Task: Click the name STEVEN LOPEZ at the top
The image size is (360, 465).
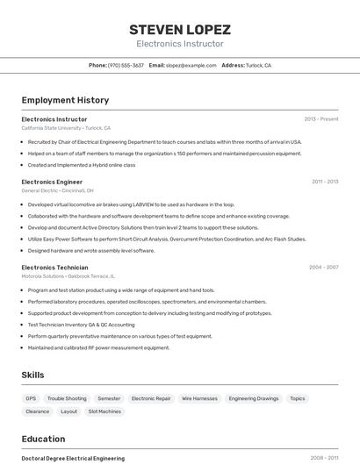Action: click(x=179, y=29)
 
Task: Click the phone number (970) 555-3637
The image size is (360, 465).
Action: click(x=126, y=65)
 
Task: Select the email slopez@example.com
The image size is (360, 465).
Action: click(x=191, y=65)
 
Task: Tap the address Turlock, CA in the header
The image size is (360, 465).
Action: click(x=258, y=65)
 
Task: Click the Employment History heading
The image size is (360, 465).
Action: click(x=65, y=100)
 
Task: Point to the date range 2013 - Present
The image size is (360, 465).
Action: click(x=320, y=119)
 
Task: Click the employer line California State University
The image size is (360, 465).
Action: click(x=67, y=128)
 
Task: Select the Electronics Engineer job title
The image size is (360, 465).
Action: click(x=52, y=182)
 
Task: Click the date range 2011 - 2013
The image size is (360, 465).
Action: click(x=324, y=182)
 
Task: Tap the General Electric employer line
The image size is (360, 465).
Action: click(x=57, y=190)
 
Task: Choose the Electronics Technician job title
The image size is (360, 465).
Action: click(x=54, y=267)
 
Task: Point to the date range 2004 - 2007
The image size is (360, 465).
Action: click(x=323, y=267)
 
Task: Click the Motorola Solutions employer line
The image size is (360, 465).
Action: click(x=68, y=275)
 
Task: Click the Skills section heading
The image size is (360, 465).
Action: click(x=32, y=375)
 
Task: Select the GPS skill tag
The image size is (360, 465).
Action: click(x=31, y=398)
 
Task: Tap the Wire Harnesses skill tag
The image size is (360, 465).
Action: click(x=199, y=398)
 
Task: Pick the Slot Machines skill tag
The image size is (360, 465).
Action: click(x=104, y=411)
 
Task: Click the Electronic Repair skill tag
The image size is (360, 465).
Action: click(x=151, y=398)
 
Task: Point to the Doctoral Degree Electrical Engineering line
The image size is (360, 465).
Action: click(x=73, y=458)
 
